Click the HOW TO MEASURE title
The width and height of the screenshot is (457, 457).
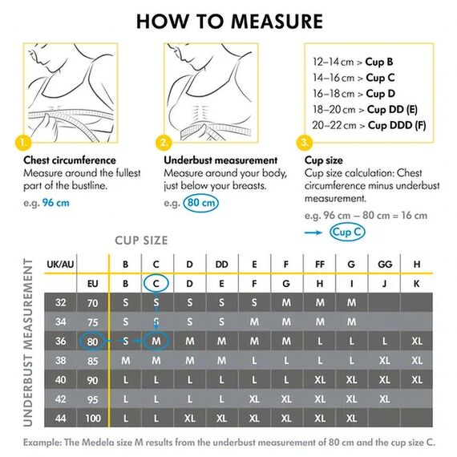point(228,21)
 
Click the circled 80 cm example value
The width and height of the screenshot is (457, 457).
point(201,203)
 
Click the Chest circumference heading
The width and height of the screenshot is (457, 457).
point(70,160)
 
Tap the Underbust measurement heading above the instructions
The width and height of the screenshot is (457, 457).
point(220,160)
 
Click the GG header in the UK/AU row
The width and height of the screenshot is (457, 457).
point(385,263)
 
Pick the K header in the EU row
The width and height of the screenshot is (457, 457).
point(417,283)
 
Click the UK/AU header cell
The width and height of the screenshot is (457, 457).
point(62,263)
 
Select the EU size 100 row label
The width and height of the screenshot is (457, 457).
point(93,418)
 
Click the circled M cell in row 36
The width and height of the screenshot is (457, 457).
point(157,341)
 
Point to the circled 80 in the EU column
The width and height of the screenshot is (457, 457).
point(93,341)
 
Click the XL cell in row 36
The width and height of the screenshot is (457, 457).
point(417,341)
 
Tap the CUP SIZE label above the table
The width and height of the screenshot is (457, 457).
point(141,241)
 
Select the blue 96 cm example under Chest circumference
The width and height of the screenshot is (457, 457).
point(59,203)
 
